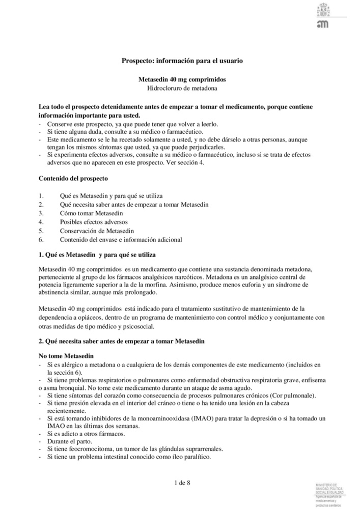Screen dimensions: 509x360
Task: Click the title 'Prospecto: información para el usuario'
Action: [x=182, y=61]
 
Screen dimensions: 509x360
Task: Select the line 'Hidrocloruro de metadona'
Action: [x=182, y=89]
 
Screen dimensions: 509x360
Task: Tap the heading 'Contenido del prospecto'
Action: [x=73, y=179]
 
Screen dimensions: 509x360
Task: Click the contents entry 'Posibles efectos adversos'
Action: [x=94, y=222]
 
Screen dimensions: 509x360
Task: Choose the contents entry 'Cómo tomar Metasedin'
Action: [x=91, y=213]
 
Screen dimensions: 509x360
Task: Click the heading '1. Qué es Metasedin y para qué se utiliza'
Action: [x=97, y=254]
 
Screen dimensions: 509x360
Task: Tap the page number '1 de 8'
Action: [x=182, y=482]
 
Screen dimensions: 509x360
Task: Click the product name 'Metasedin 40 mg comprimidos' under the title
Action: [x=182, y=80]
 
